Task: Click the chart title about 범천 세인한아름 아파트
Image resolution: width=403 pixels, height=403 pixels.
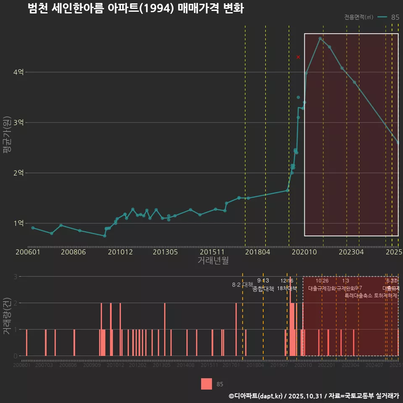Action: pyautogui.click(x=136, y=8)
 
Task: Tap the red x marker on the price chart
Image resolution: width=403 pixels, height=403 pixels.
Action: pyautogui.click(x=298, y=57)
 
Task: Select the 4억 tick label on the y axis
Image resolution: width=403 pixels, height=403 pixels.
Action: pyautogui.click(x=18, y=72)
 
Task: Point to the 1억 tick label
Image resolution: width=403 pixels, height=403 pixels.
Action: pyautogui.click(x=18, y=223)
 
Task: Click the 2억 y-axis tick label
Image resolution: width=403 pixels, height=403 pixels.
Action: pyautogui.click(x=18, y=173)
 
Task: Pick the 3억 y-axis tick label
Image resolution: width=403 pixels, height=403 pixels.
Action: pyautogui.click(x=18, y=123)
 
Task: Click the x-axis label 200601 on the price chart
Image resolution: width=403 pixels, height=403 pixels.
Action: pyautogui.click(x=28, y=252)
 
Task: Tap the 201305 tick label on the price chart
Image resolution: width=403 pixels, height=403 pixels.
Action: pyautogui.click(x=165, y=252)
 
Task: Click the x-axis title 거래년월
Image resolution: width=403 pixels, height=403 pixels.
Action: pyautogui.click(x=213, y=260)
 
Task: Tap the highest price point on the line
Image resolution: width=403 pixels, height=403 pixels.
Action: pyautogui.click(x=320, y=39)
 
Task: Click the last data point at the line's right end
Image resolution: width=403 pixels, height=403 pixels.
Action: pyautogui.click(x=398, y=143)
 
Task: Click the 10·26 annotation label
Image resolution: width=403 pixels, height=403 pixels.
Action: pyautogui.click(x=322, y=281)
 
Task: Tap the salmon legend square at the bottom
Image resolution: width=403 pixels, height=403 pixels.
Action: pyautogui.click(x=207, y=384)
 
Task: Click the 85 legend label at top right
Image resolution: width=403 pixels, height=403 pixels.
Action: pyautogui.click(x=395, y=17)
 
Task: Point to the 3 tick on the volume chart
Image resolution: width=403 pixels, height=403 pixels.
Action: pyautogui.click(x=16, y=277)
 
